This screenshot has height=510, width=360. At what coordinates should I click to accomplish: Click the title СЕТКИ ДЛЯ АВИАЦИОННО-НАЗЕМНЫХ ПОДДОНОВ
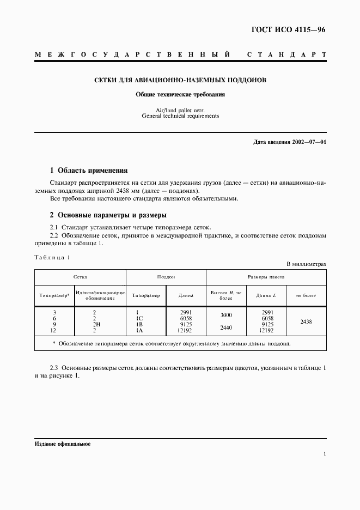pos(180,80)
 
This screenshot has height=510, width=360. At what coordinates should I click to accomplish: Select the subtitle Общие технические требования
pos(180,94)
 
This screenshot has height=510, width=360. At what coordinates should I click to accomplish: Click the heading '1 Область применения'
pos(88,170)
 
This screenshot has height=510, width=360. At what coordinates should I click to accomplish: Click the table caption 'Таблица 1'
pos(52,257)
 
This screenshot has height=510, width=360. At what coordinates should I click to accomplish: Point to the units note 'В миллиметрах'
pos(307,264)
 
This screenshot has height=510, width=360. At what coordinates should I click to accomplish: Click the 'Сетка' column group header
pos(81,277)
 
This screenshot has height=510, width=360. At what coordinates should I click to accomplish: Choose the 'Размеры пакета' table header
pos(266,277)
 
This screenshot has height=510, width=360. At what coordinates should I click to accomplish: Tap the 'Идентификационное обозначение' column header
pos(101,295)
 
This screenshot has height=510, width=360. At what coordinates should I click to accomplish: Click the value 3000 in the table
pos(225,315)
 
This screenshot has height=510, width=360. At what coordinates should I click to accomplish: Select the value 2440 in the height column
pos(225,327)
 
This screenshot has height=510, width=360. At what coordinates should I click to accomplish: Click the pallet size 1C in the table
pos(139,318)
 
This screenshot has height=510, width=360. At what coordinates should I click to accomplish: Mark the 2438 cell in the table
pos(306,321)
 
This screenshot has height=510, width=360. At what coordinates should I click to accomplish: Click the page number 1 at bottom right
pos(325,453)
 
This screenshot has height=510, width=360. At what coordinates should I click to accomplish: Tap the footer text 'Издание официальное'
pos(62,444)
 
